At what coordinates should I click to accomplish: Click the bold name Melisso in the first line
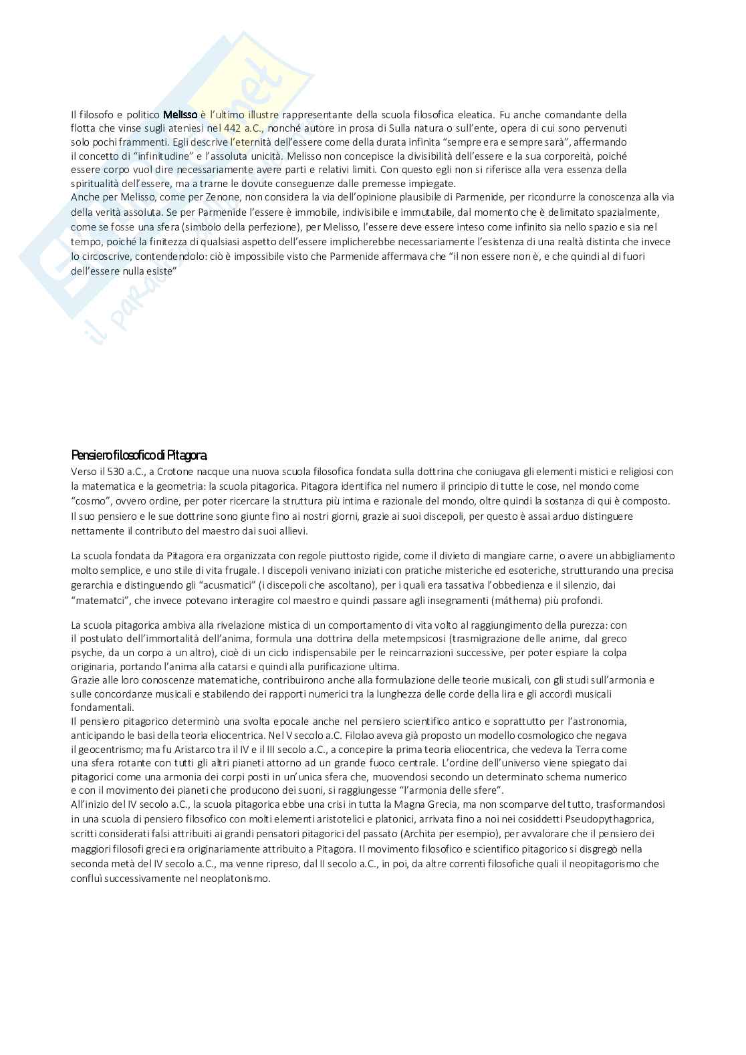[x=180, y=114]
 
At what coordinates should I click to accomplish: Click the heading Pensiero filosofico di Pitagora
[x=139, y=456]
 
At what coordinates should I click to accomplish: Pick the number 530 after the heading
[x=116, y=472]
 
